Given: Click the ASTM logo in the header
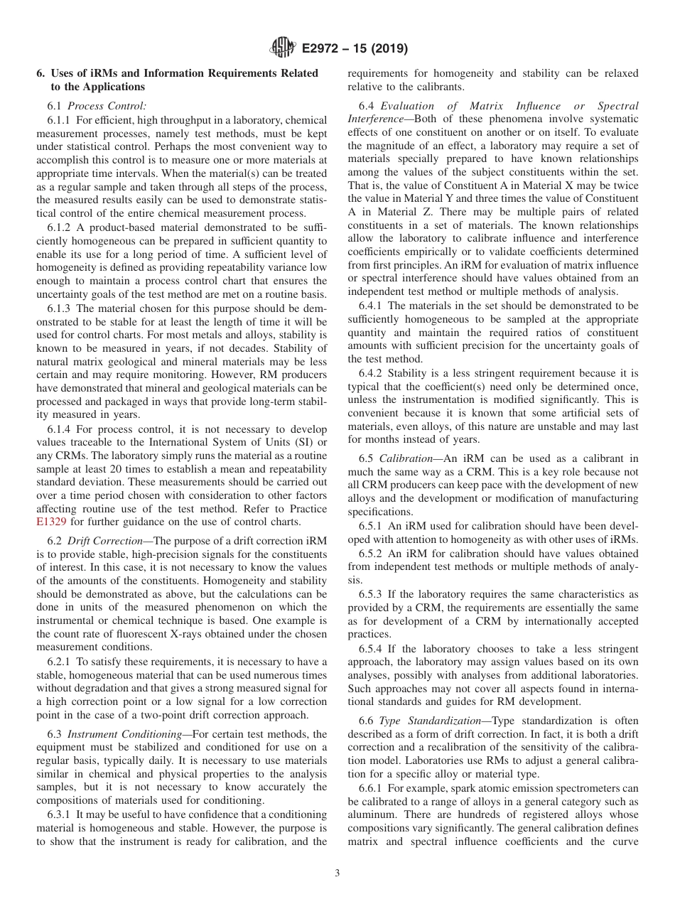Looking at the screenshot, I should pos(283,49).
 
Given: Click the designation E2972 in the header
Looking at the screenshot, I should pos(323,49).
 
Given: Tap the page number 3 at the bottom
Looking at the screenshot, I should pos(337,873).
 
